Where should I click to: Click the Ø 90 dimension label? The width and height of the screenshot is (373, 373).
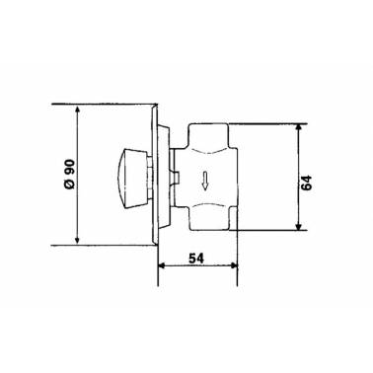pos(70,174)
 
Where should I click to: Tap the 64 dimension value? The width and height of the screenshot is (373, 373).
pos(306,183)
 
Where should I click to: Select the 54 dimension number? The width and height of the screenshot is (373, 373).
pos(196,259)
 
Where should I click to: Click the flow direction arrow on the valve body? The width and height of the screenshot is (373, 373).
pos(204,182)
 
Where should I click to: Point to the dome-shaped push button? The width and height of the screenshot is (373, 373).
pos(131,179)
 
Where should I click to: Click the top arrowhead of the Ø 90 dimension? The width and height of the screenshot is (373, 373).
pos(77,110)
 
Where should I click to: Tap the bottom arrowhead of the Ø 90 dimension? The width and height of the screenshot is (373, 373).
pos(77,240)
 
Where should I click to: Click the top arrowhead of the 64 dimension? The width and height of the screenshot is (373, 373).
pos(298,128)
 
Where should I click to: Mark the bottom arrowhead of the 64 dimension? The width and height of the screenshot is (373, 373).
pos(298,226)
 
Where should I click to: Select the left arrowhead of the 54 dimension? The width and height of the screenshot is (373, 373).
pos(163,265)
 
